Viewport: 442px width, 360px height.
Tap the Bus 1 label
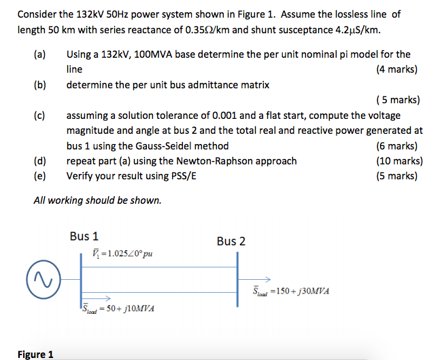84,236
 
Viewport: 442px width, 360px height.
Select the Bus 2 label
231,241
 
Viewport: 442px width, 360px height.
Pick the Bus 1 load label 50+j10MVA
118,308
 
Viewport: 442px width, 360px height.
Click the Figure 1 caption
35,354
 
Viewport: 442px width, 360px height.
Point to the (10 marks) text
398,161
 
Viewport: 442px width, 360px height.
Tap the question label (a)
40,54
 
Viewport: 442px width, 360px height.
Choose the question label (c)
40,115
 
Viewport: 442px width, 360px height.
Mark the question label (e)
40,176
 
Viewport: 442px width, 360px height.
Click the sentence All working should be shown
97,200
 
